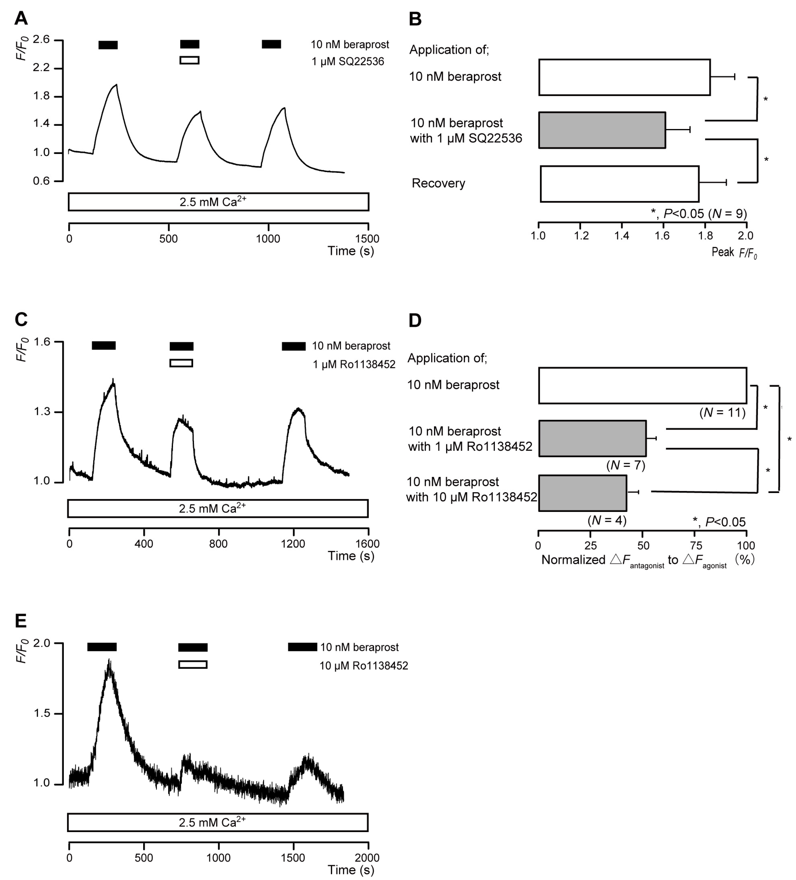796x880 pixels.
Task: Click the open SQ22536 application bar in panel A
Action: [190, 60]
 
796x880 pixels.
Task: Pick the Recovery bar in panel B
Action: [619, 184]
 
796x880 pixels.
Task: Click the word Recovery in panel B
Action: [438, 183]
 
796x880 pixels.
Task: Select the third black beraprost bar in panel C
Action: [293, 346]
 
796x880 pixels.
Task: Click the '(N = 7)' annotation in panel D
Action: [626, 465]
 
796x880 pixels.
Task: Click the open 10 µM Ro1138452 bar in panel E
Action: [193, 664]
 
